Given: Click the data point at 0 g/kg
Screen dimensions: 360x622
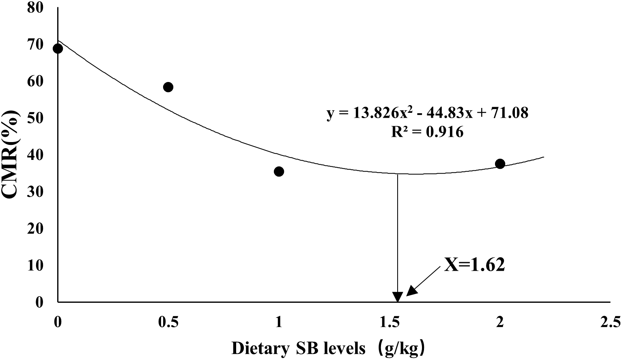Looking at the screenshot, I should (58, 49).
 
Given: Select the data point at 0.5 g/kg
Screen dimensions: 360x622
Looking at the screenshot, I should (168, 87).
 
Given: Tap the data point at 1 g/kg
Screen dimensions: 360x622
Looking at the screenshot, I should (279, 172).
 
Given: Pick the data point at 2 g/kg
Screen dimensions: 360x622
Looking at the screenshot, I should (500, 164).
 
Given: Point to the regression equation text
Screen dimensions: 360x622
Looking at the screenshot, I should (428, 113).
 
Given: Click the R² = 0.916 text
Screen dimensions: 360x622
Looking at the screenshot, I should (427, 132).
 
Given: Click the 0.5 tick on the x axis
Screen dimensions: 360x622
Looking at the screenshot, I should (168, 323).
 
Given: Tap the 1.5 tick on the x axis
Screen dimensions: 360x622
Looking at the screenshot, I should (389, 323).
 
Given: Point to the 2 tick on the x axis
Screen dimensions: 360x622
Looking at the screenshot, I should (500, 323).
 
